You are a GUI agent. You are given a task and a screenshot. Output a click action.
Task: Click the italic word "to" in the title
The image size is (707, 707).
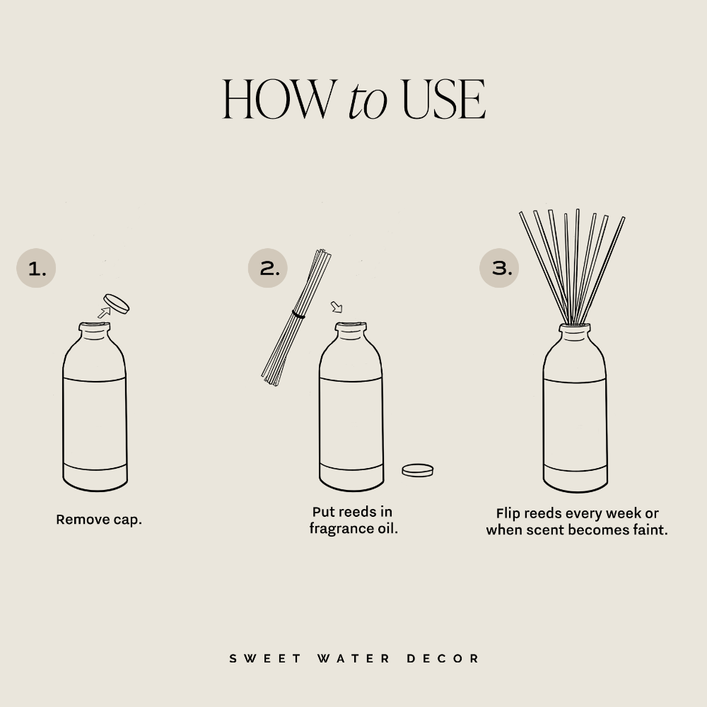pyautogui.click(x=367, y=100)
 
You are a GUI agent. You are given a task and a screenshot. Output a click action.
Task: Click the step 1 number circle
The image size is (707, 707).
pyautogui.click(x=36, y=268)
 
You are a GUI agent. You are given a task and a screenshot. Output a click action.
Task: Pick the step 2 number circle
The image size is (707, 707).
pyautogui.click(x=268, y=268)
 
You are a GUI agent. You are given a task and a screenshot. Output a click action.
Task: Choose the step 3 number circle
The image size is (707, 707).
pyautogui.click(x=500, y=268)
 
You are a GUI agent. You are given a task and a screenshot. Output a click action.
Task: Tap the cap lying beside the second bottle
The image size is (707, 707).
pyautogui.click(x=417, y=469)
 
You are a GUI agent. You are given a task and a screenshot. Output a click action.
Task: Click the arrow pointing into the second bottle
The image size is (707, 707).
pyautogui.click(x=337, y=307)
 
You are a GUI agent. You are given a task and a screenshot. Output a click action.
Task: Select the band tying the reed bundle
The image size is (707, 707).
pyautogui.click(x=298, y=315)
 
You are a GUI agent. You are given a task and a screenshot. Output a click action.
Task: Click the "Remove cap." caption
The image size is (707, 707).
pyautogui.click(x=99, y=520)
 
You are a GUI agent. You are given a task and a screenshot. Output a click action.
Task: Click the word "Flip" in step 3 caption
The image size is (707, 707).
pyautogui.click(x=509, y=513)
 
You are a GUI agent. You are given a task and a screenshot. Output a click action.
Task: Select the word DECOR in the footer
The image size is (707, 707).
pyautogui.click(x=443, y=658)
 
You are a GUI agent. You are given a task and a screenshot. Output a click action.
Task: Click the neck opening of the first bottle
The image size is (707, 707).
pyautogui.click(x=95, y=327)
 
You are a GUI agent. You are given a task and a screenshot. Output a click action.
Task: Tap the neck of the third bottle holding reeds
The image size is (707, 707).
pyautogui.click(x=574, y=330)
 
